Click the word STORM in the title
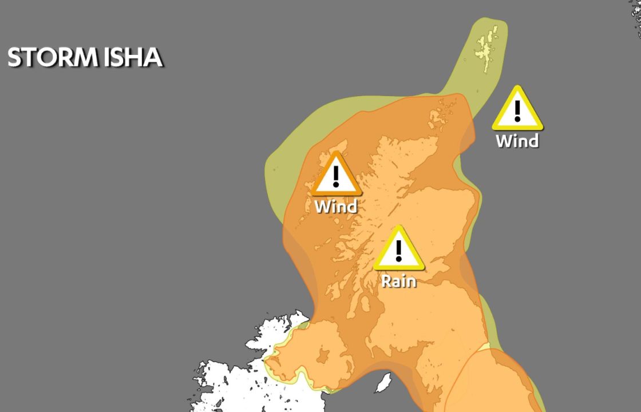[50, 58]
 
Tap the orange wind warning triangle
[336, 175]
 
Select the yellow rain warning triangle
[399, 249]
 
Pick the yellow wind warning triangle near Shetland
[517, 109]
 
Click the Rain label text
[399, 281]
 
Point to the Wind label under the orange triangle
[336, 206]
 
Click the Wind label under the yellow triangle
[517, 141]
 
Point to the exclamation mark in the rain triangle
[399, 251]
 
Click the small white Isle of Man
[383, 382]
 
